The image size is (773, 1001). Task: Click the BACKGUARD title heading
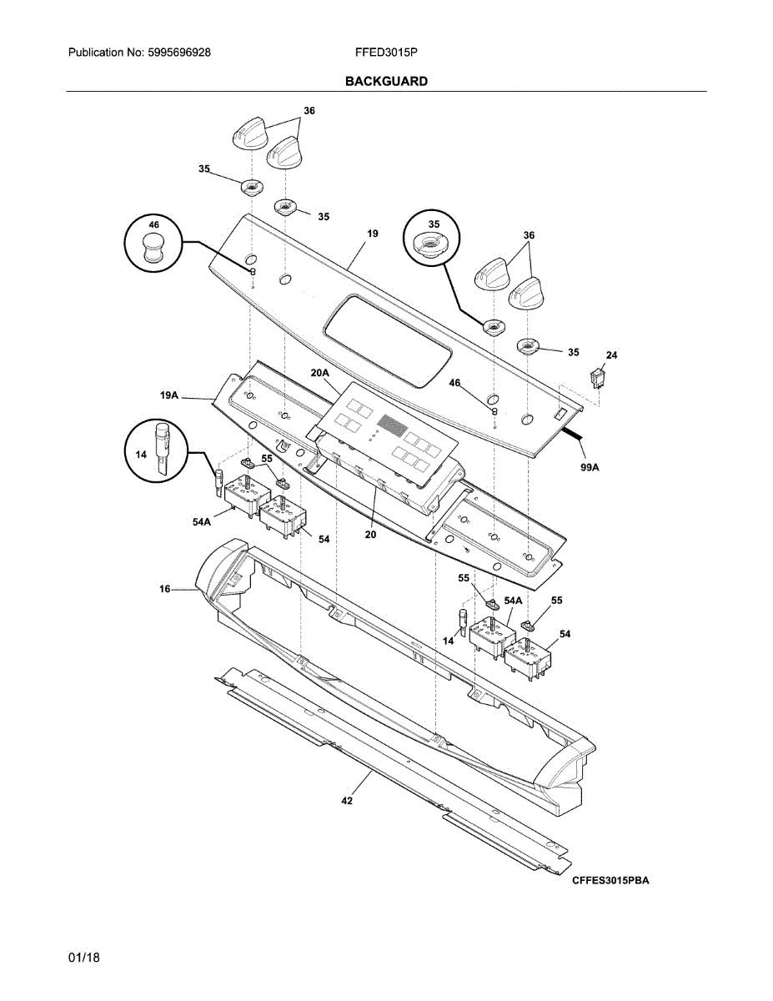coord(386,81)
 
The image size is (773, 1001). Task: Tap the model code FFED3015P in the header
coord(386,52)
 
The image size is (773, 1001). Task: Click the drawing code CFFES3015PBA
coord(610,881)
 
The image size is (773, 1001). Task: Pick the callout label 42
coord(347,801)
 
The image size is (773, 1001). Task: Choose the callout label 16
coord(165,590)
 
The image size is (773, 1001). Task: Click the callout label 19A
coord(169,396)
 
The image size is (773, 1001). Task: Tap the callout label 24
coord(611,355)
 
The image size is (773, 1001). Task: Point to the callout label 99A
coord(590,469)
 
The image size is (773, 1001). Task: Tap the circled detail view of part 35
coord(433,239)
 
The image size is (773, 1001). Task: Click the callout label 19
coord(373,234)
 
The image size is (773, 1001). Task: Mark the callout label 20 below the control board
coord(370,535)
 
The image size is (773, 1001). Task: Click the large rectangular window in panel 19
coord(388,340)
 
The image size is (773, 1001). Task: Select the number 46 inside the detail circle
coord(153,225)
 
